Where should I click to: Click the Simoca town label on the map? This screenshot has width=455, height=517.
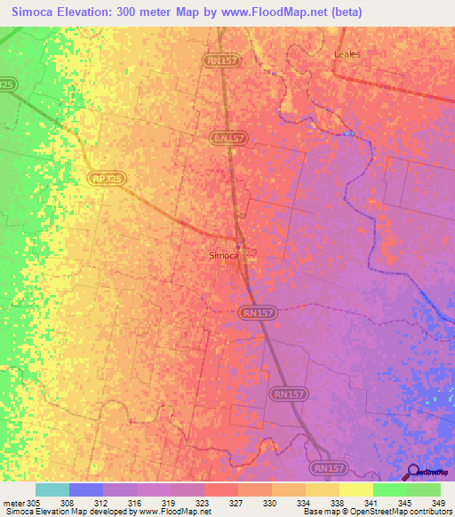point(223,256)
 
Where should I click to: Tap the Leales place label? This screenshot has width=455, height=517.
point(347,54)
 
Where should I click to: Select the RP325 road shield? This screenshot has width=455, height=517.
point(108,179)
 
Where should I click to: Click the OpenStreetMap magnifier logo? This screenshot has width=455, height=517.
point(411,473)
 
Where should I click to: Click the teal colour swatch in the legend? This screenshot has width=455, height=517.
point(52,489)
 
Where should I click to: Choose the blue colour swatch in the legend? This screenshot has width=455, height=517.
point(86,489)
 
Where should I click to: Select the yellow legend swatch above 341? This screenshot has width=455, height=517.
point(356,489)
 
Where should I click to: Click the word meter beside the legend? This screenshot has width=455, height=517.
point(12,502)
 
